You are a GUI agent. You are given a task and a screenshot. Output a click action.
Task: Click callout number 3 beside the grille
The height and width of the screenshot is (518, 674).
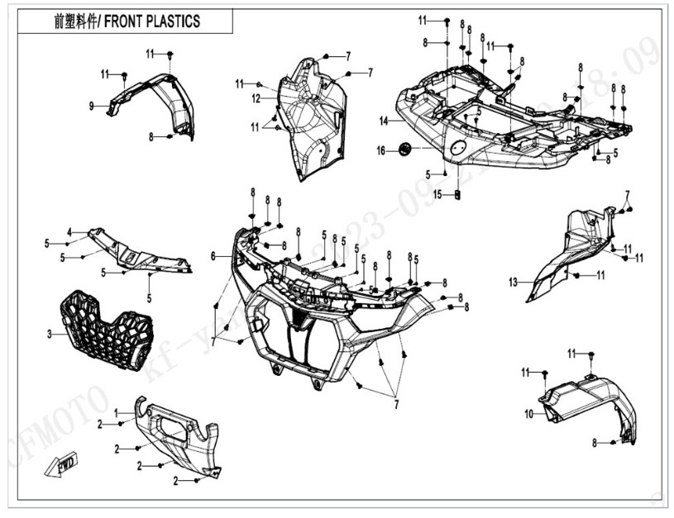coord(50,334)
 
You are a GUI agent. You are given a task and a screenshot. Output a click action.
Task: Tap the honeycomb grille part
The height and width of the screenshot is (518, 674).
coord(106,330)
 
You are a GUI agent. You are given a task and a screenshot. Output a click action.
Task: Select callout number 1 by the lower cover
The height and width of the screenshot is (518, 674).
coord(117,411)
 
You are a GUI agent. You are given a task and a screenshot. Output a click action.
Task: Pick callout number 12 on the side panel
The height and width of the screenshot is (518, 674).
coord(257,98)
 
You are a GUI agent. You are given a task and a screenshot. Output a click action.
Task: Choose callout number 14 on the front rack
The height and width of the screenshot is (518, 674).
coord(384,121)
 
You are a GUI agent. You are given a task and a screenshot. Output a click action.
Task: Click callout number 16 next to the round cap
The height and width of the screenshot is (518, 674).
coord(381,150)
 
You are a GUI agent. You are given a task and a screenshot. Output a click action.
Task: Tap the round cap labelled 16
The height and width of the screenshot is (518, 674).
coord(405,148)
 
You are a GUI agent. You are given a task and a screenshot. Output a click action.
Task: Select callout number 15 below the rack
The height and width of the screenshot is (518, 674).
coord(438,195)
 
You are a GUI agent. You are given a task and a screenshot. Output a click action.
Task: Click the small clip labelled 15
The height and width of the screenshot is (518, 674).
coord(457,194)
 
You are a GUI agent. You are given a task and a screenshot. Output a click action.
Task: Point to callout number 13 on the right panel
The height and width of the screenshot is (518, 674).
coord(513,283)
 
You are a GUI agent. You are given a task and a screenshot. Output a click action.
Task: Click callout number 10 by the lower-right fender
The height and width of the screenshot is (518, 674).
coord(528,414)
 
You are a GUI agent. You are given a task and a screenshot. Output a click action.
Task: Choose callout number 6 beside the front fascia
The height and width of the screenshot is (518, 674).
coord(214,257)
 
